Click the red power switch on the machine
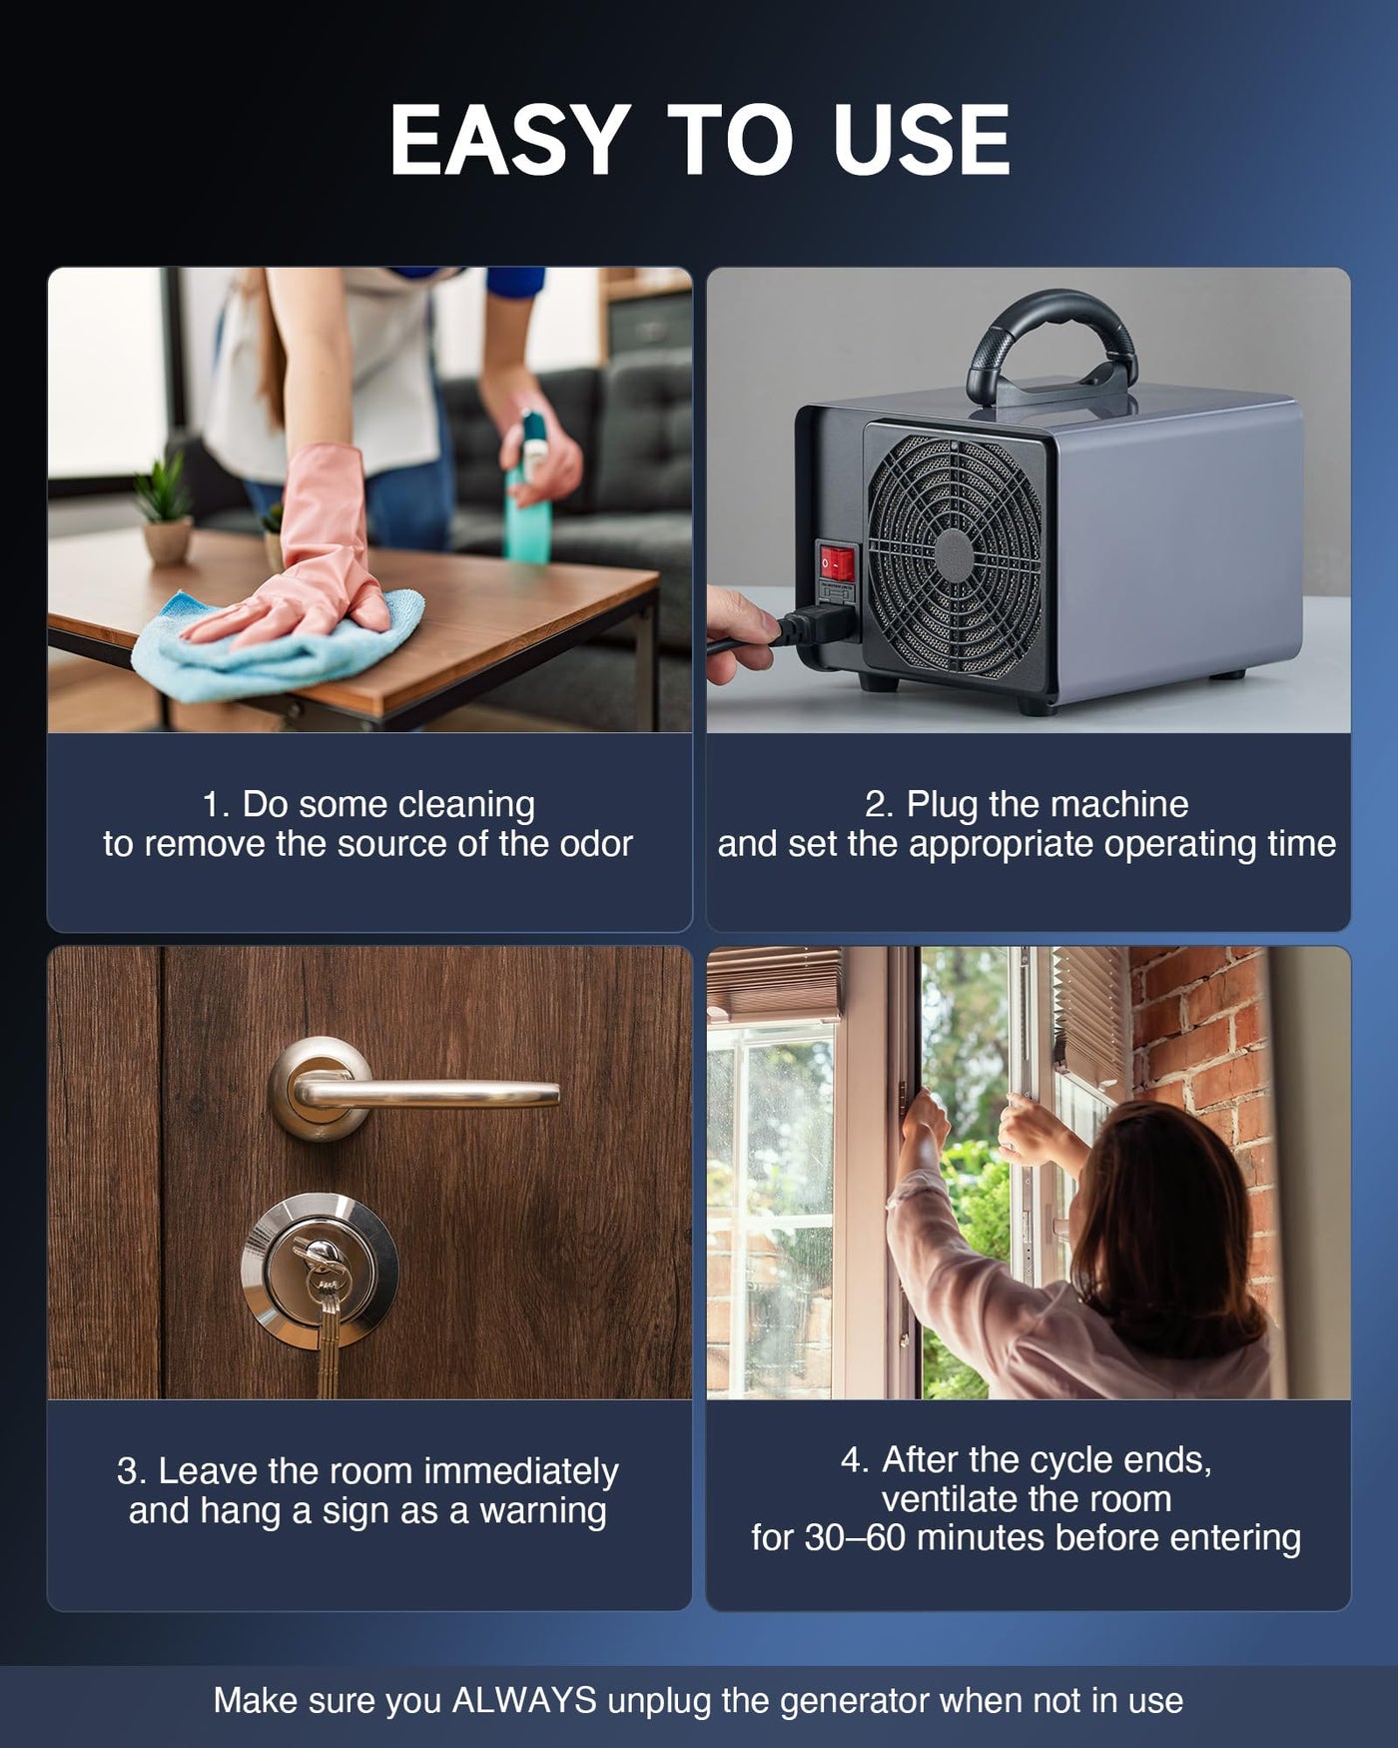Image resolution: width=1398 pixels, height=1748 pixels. click(837, 562)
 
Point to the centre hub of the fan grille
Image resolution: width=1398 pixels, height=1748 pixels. click(955, 555)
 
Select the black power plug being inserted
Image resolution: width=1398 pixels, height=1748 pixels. click(814, 626)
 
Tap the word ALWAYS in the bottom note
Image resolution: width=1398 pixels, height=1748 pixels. click(525, 1700)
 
